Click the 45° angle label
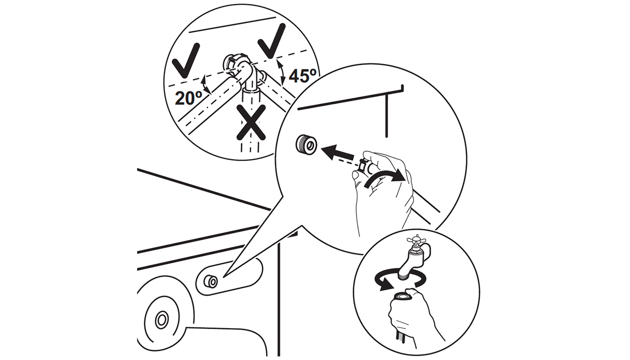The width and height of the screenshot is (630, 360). (302, 76)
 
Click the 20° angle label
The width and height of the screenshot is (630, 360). (189, 98)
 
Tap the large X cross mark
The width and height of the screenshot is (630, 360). (251, 123)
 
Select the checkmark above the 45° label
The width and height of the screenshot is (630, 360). (272, 41)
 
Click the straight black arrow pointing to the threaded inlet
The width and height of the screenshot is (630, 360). (337, 152)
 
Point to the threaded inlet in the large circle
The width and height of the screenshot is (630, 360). (306, 145)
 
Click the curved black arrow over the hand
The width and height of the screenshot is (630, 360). (385, 177)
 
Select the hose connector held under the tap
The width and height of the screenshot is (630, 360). (403, 297)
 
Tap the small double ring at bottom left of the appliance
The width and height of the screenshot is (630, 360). (162, 320)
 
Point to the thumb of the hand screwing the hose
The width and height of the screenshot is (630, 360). (356, 176)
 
